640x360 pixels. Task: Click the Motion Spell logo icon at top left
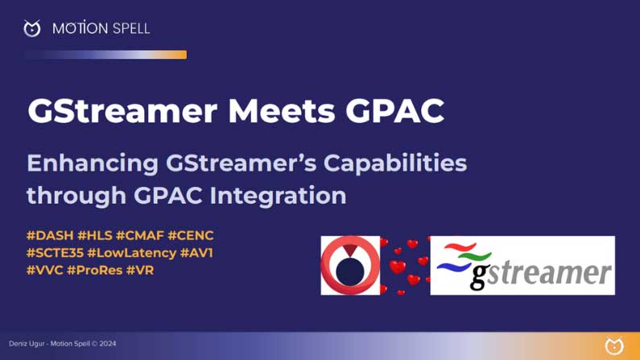tap(32, 29)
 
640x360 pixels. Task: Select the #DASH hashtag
tap(49, 235)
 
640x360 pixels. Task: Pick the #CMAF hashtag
tap(140, 235)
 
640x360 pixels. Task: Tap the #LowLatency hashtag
tap(131, 253)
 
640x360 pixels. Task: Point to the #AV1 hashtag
tap(196, 253)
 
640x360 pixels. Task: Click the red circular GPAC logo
tap(349, 265)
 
